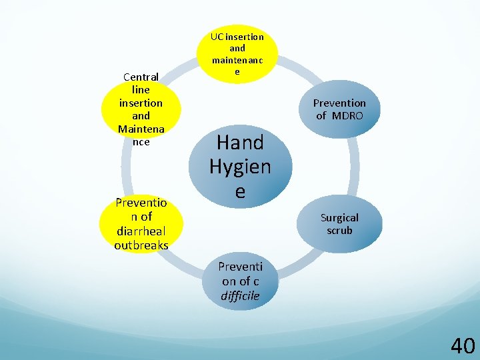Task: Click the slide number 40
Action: point(463,345)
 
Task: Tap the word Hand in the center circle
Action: point(240,142)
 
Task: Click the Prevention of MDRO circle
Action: point(339,109)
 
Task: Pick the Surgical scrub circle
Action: point(339,224)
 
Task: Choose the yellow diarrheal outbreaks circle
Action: point(141,223)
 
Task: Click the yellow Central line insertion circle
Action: point(141,109)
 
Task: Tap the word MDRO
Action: point(347,116)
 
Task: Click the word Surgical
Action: point(339,217)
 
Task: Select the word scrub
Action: point(339,231)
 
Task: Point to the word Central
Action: point(141,77)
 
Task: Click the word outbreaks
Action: point(141,245)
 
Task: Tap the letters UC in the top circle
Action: point(215,37)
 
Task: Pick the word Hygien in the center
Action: point(240,167)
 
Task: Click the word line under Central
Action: point(141,90)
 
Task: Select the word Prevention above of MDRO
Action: point(339,103)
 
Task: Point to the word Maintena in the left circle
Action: point(141,129)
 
